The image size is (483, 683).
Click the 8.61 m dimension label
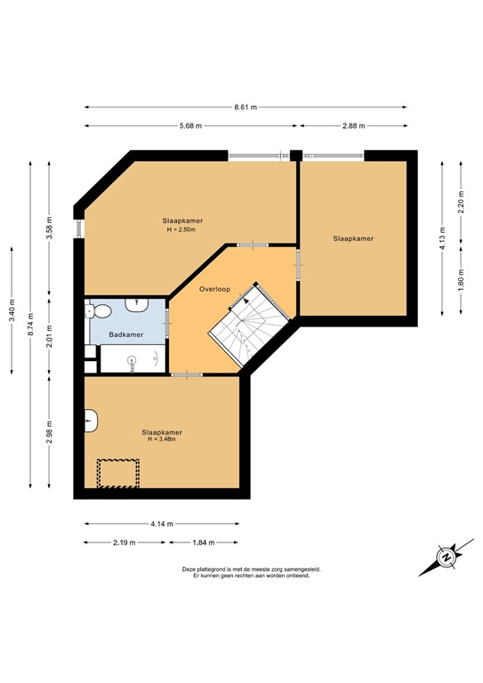[x=246, y=108]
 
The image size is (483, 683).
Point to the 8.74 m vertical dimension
[x=31, y=325]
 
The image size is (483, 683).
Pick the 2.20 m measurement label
[x=461, y=205]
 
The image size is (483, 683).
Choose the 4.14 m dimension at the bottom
[x=162, y=524]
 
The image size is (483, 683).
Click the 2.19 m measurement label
[x=125, y=542]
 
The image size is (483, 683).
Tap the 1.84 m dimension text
[x=205, y=542]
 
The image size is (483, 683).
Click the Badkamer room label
[x=125, y=334]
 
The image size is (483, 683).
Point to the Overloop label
[x=216, y=289]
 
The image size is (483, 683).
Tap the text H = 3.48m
[x=162, y=439]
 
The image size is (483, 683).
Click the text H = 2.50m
[x=181, y=229]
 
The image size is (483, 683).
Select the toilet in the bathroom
[x=100, y=311]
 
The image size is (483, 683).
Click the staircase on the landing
[x=248, y=326]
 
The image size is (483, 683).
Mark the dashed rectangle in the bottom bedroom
[x=118, y=473]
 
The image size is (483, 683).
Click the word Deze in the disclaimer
[x=189, y=569]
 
